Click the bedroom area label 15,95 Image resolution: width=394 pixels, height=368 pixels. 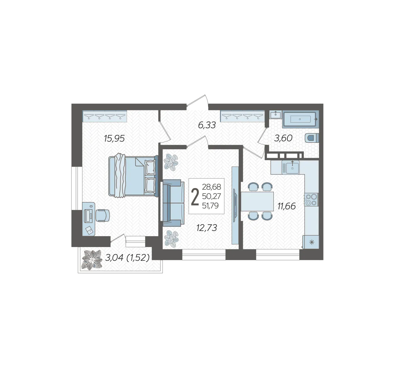click(114, 138)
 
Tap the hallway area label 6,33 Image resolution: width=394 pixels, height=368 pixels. click(207, 125)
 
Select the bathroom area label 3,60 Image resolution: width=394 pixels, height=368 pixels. click(283, 138)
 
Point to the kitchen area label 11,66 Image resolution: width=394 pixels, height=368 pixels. click(286, 206)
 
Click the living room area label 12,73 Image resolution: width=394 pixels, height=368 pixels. click(207, 228)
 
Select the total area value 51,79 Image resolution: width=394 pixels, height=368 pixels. click(210, 205)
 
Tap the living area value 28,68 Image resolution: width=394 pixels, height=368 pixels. click(211, 187)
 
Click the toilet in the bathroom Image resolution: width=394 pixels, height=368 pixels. click(312, 138)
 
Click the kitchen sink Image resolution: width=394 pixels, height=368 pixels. click(290, 167)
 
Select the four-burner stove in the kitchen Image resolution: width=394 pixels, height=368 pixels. click(311, 200)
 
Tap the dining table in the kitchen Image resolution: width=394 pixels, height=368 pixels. click(257, 201)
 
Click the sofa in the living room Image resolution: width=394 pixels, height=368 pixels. click(173, 202)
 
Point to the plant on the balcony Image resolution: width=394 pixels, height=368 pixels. click(92, 260)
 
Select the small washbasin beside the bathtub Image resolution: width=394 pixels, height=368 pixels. click(275, 115)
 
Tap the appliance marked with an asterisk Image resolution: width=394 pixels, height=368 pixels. click(311, 242)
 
